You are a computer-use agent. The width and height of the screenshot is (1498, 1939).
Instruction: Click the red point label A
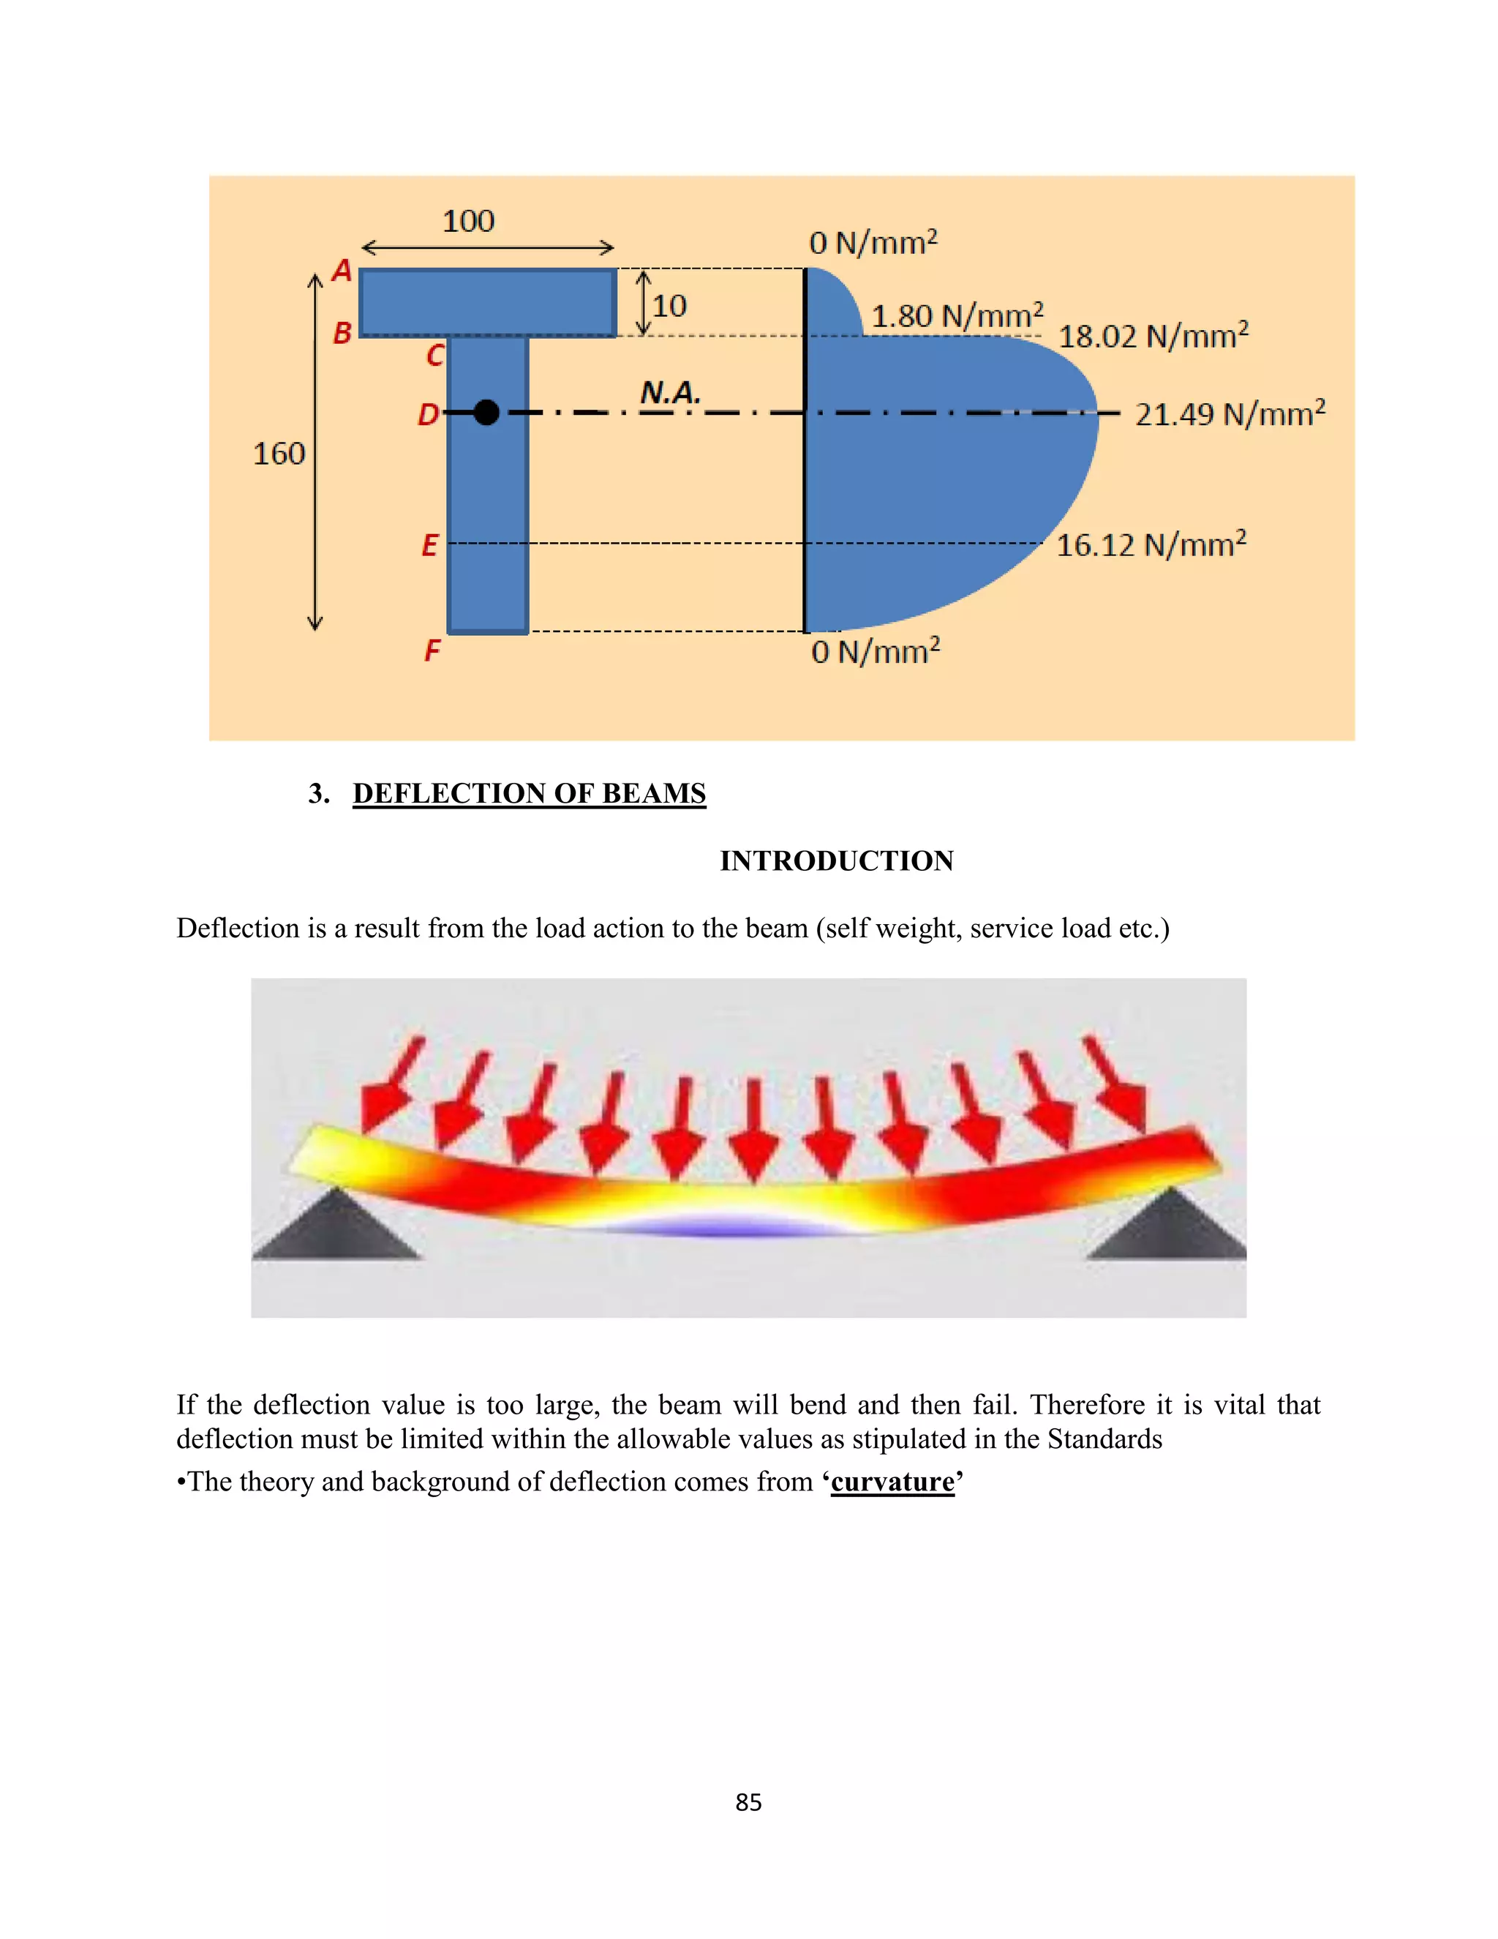click(x=342, y=270)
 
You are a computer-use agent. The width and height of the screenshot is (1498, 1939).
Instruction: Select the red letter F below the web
click(x=432, y=650)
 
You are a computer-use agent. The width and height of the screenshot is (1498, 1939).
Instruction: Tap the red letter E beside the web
click(x=429, y=544)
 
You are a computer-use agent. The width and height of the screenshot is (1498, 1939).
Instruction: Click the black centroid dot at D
click(x=486, y=412)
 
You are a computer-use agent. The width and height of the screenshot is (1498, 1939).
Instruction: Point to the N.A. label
click(x=670, y=392)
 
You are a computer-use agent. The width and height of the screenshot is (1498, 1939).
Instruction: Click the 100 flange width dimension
click(x=469, y=221)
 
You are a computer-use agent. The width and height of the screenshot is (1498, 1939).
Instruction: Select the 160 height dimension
click(x=279, y=454)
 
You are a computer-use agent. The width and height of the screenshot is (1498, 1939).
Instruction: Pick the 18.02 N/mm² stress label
click(x=1153, y=336)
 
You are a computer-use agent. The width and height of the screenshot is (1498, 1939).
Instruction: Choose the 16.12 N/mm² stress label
click(x=1150, y=544)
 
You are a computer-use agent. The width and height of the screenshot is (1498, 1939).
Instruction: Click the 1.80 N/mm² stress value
click(x=957, y=315)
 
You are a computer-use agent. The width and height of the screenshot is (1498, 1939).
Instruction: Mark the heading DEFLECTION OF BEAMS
click(x=529, y=793)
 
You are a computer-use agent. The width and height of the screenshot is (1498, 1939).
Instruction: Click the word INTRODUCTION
click(x=837, y=860)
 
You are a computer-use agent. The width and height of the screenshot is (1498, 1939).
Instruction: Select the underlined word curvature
click(x=893, y=1482)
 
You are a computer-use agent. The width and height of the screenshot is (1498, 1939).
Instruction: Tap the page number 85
click(x=748, y=1802)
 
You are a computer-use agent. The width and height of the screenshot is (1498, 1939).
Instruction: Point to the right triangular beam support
click(x=1169, y=1230)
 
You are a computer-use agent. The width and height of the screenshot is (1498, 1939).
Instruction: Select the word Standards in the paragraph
click(x=1105, y=1439)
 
